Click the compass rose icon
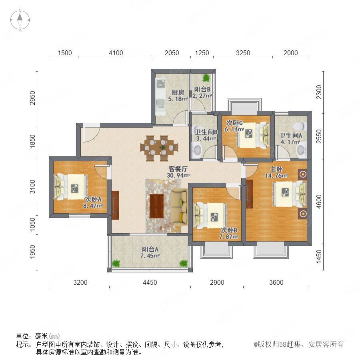(x=20, y=20)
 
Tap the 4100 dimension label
(x=116, y=53)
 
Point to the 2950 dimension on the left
(x=33, y=98)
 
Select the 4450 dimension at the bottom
(x=150, y=282)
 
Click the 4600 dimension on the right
(x=319, y=202)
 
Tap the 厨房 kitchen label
(x=178, y=92)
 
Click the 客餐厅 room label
(x=178, y=169)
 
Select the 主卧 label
(x=276, y=169)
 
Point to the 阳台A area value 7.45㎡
(x=150, y=256)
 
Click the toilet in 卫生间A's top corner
(x=300, y=126)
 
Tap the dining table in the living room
(x=159, y=148)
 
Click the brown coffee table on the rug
(x=156, y=206)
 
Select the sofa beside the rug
(x=179, y=207)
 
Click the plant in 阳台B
(x=206, y=78)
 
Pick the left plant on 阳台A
(x=116, y=263)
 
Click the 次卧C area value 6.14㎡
(x=234, y=130)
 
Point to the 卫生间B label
(x=206, y=132)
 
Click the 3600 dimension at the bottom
(x=276, y=282)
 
